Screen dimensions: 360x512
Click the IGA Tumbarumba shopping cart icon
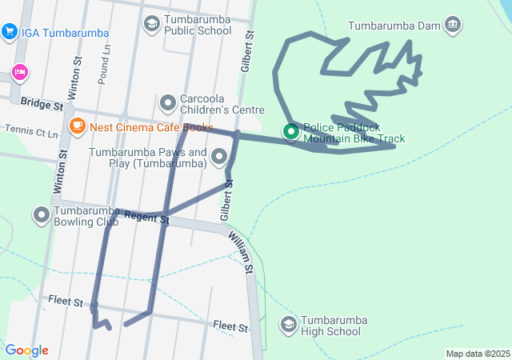[x=10, y=31]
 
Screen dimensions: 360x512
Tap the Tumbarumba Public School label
[x=198, y=25]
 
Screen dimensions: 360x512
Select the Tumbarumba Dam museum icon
[x=454, y=25]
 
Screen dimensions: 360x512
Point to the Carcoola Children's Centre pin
[x=168, y=103]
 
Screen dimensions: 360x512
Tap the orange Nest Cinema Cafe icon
[x=78, y=126]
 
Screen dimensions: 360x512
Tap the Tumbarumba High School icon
[x=288, y=325]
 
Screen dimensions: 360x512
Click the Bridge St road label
[x=42, y=105]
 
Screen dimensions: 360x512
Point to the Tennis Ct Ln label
[x=31, y=130]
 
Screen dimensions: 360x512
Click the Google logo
[x=27, y=350]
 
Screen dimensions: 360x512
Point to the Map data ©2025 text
[x=478, y=354]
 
